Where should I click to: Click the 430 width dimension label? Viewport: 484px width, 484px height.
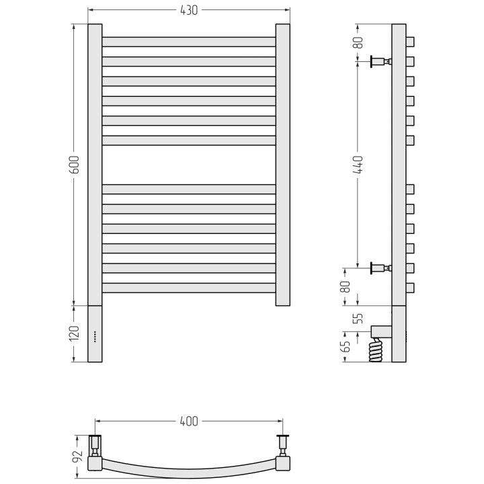tap(189, 10)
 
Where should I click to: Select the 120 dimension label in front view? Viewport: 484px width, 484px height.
tap(74, 333)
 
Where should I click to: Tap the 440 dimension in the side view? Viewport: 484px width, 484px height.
tap(358, 165)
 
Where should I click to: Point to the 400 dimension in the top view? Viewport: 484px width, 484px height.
tap(189, 421)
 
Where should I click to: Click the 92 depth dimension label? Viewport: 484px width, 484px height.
tap(77, 456)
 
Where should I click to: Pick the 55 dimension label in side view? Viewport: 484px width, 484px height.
tap(358, 318)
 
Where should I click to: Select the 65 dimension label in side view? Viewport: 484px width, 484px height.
tap(346, 346)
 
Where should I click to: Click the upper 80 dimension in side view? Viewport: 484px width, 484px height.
tap(358, 42)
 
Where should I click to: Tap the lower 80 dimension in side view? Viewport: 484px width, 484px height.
tap(346, 286)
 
